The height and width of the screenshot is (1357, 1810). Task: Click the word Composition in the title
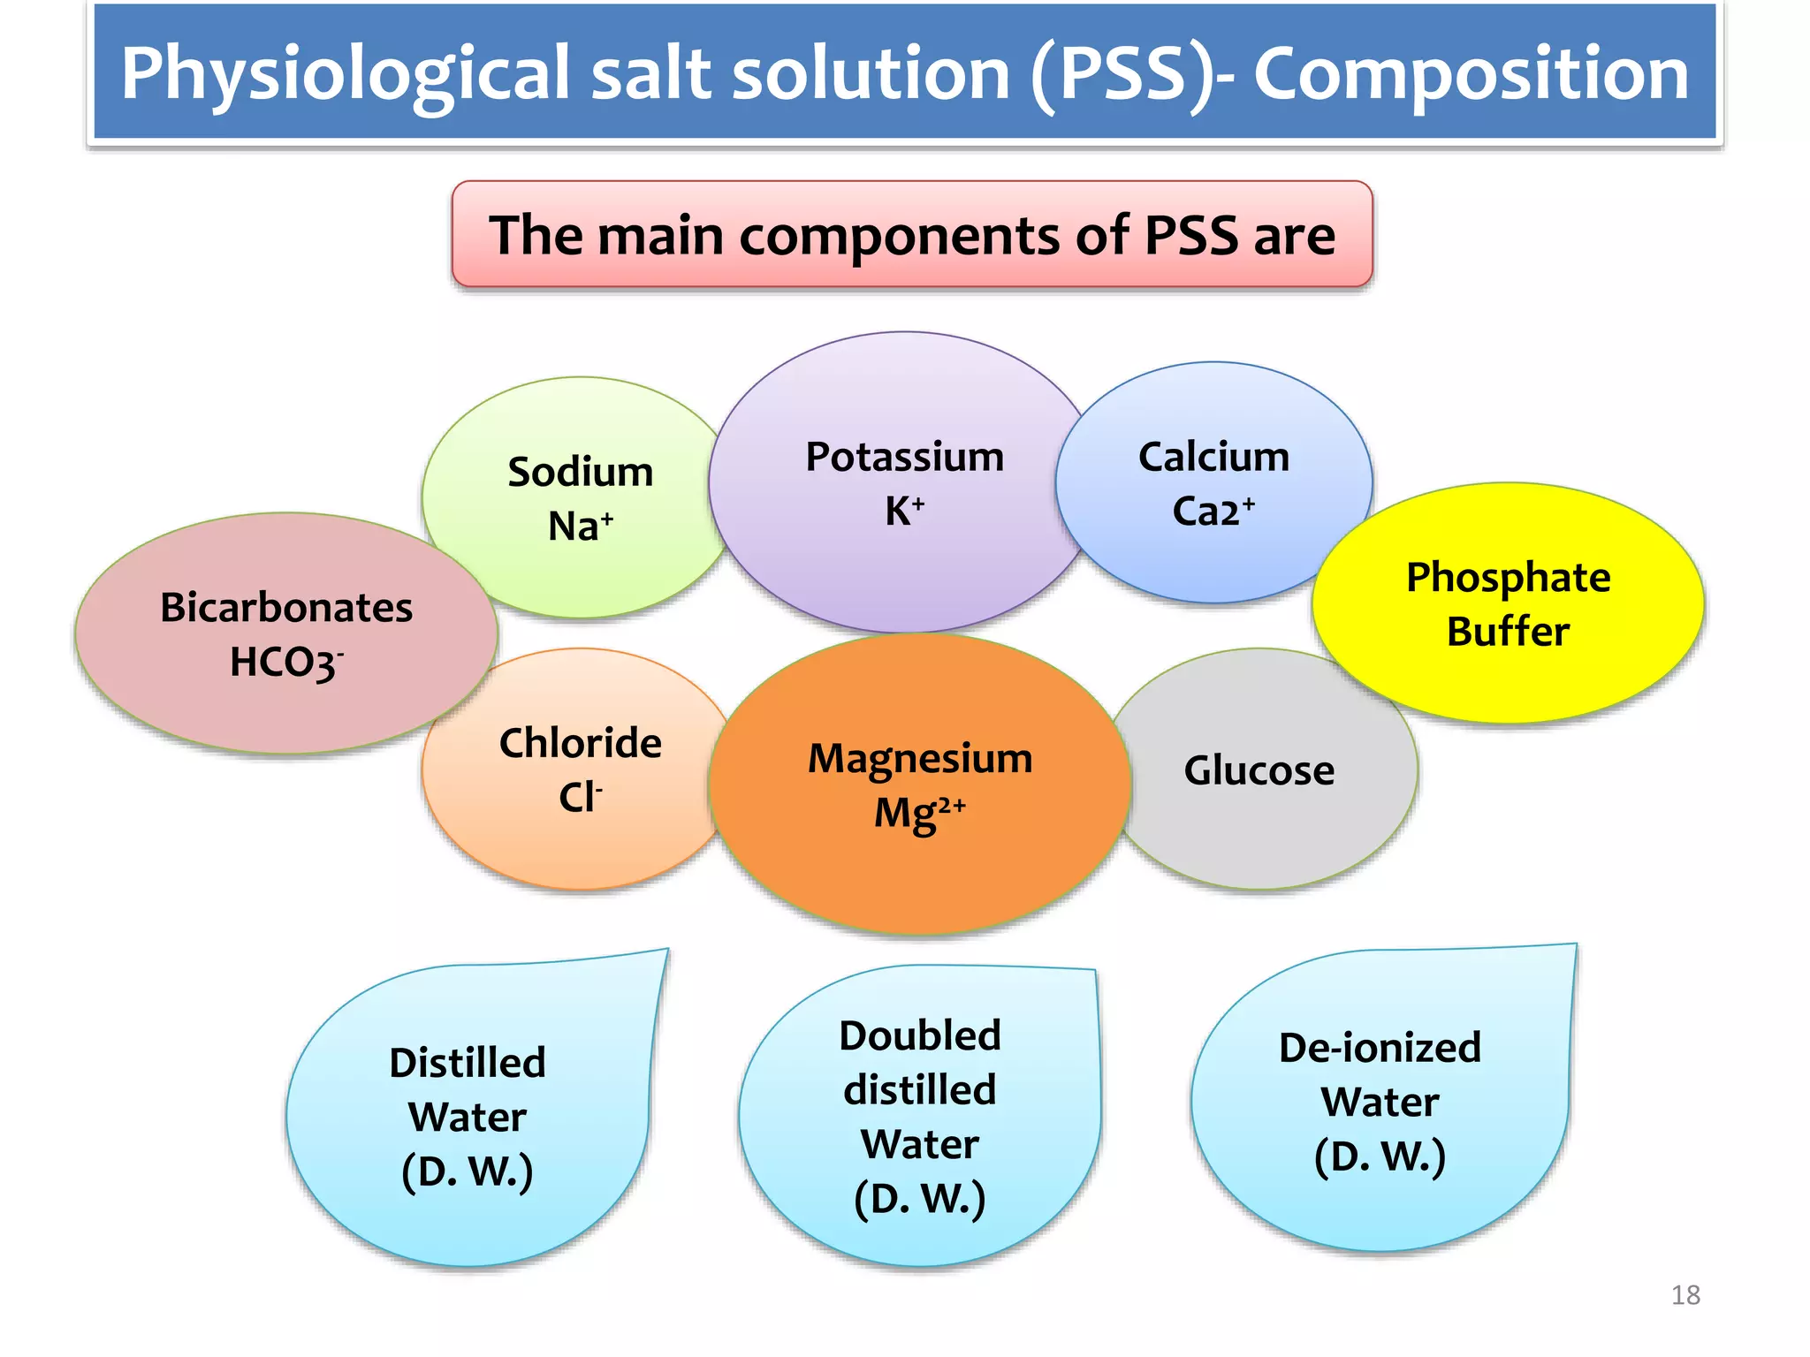(1471, 74)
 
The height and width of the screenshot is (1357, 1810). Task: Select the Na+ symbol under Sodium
(581, 527)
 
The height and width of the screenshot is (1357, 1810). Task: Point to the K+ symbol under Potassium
(904, 512)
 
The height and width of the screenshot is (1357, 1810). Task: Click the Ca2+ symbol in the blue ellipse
(1213, 512)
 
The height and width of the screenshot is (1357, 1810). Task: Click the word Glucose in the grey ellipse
(1259, 770)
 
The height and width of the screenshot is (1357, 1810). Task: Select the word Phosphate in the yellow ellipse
(1508, 578)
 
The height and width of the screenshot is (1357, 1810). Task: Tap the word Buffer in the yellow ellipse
(1508, 632)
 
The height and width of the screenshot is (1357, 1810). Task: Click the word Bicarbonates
(286, 608)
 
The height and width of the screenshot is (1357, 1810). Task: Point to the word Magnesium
(920, 759)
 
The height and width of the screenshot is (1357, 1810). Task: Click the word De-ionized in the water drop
(1380, 1048)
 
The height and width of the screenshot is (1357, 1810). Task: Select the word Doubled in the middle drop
(920, 1035)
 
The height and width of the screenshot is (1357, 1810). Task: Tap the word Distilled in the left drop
(468, 1063)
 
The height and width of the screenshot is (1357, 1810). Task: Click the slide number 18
(1685, 1295)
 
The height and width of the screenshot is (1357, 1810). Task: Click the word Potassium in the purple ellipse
(904, 458)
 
